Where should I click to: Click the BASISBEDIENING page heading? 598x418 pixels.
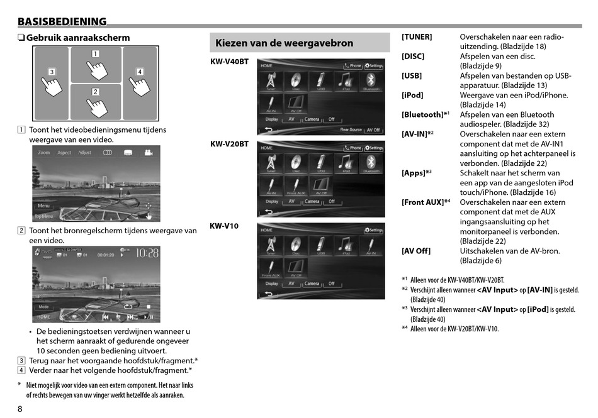[62, 21]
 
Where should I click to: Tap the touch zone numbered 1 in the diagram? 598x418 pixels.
[96, 65]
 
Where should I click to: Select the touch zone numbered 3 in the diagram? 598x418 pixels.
[51, 84]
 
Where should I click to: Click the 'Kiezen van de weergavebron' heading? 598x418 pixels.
[284, 43]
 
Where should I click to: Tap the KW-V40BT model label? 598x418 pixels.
[229, 62]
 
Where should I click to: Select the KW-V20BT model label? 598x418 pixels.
[229, 144]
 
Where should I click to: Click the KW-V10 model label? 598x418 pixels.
[224, 226]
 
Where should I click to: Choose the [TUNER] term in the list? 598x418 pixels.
[417, 37]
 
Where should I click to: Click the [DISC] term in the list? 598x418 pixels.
[413, 57]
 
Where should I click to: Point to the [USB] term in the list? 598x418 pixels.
[412, 76]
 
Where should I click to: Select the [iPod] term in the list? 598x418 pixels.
[412, 96]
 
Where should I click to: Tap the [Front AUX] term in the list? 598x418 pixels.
[423, 202]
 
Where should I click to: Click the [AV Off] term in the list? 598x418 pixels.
[416, 251]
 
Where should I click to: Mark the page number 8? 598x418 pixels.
[20, 409]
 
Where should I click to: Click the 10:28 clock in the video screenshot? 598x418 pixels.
[147, 253]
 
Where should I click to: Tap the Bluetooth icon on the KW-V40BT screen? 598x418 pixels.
[371, 82]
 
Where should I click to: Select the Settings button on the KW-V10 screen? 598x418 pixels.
[373, 230]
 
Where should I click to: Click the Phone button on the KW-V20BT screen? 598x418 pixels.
[353, 148]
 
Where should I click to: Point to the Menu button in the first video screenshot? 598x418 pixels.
[43, 206]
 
